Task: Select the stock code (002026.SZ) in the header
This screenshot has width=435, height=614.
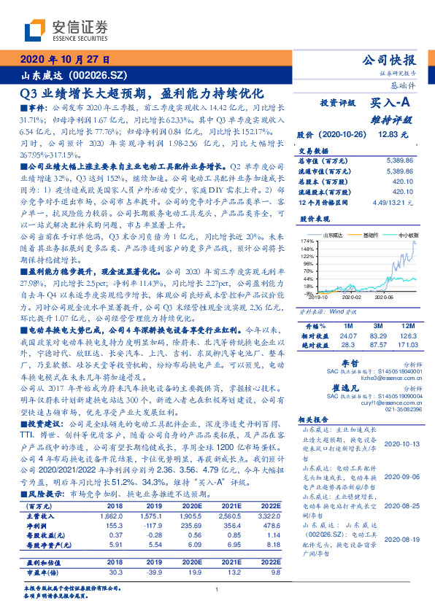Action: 102,75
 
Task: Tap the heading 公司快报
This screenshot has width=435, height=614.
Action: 393,60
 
